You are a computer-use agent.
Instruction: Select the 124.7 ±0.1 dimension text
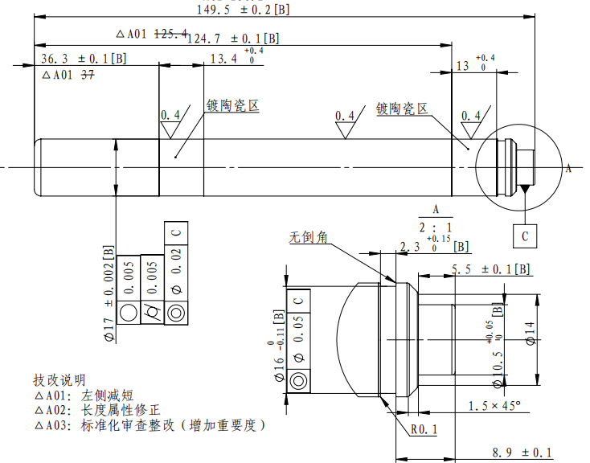point(233,38)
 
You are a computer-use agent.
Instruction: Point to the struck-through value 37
point(88,75)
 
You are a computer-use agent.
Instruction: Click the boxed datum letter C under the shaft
point(525,236)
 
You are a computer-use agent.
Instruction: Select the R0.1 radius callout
point(423,429)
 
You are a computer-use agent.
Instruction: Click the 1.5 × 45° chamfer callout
point(494,405)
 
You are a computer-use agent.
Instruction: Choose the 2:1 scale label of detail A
point(436,226)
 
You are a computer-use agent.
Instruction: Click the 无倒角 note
point(309,237)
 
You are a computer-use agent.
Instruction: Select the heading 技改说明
point(59,379)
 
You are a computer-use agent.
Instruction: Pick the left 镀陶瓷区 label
point(232,105)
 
